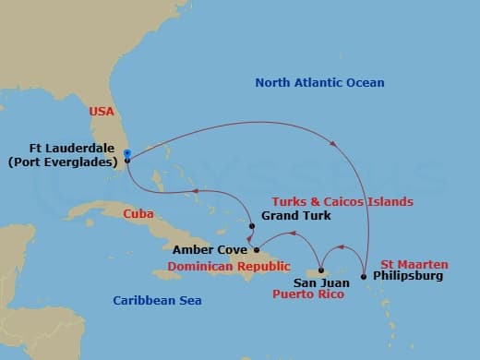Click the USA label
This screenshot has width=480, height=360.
click(102, 112)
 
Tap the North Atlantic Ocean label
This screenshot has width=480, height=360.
click(319, 84)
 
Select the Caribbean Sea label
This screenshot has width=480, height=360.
click(157, 301)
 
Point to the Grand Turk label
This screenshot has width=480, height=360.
click(292, 216)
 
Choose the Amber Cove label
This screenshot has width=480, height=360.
click(210, 250)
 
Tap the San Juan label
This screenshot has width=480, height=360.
click(320, 283)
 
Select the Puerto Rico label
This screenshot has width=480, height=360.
click(308, 295)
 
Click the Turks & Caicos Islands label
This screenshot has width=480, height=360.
click(342, 201)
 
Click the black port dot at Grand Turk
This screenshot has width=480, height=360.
click(251, 226)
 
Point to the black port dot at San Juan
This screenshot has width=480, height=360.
click(320, 270)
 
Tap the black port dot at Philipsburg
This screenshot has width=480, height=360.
click(364, 276)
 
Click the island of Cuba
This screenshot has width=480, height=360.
click(175, 222)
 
